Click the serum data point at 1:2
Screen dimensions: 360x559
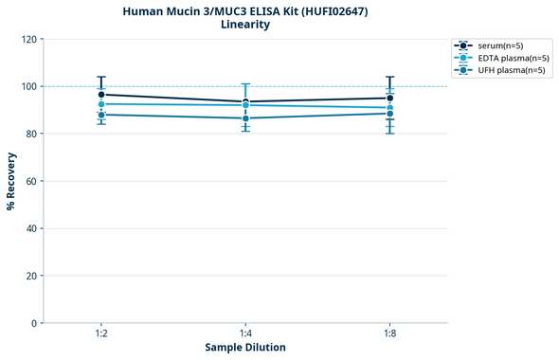[x=101, y=95]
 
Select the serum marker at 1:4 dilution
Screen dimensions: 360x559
[x=245, y=102]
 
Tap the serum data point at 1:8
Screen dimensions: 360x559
[x=389, y=98]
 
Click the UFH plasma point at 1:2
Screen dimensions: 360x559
[x=101, y=115]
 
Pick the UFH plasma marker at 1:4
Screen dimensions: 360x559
[x=245, y=118]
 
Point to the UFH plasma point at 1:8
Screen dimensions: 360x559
[x=389, y=114]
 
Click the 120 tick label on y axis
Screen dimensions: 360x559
[x=28, y=39]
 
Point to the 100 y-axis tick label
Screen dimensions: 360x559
[x=28, y=86]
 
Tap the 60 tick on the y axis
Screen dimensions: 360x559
[x=31, y=181]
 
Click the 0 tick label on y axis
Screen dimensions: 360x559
[x=34, y=323]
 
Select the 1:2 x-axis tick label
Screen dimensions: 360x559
[x=101, y=334]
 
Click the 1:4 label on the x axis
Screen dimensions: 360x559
[x=245, y=334]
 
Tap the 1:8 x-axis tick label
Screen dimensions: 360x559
[x=389, y=334]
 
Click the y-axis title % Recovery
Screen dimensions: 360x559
[x=11, y=180]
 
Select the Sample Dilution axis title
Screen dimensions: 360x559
[x=245, y=348]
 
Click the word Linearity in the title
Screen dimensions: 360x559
[x=245, y=25]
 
